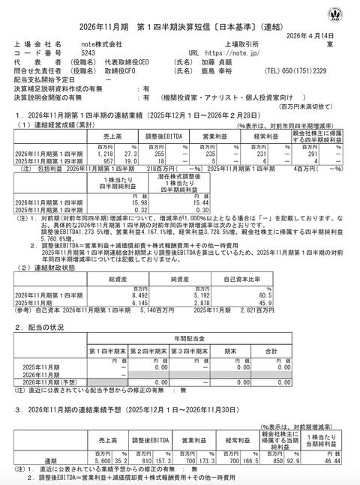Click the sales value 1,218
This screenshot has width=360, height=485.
pyautogui.click(x=103, y=153)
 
